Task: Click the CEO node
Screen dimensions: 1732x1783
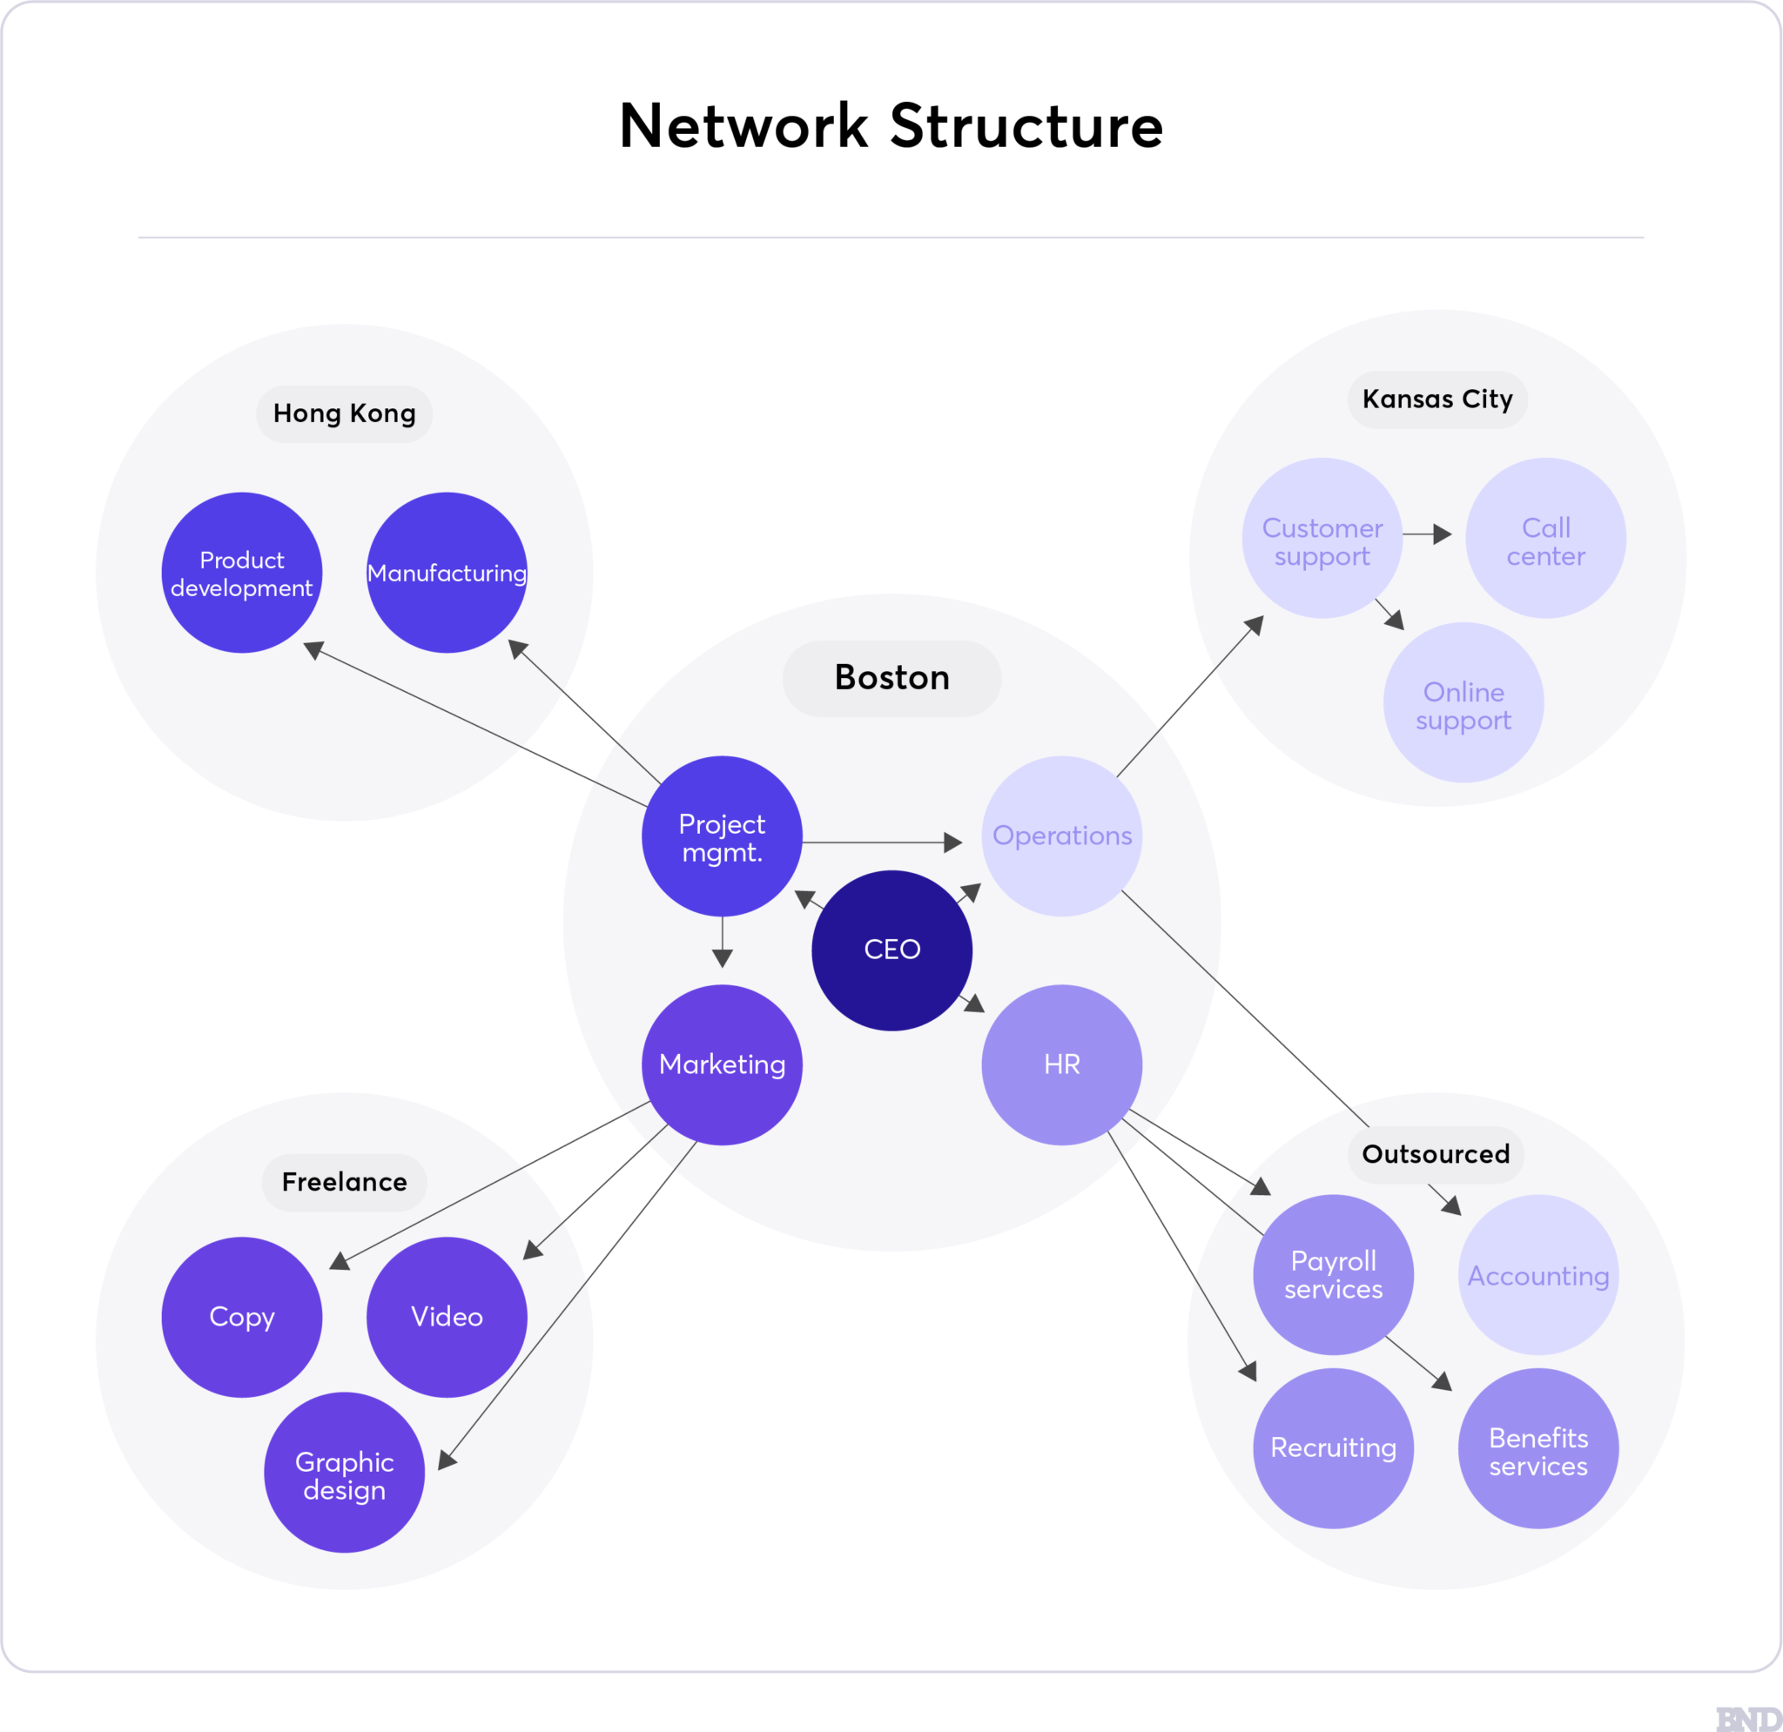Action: coord(891,950)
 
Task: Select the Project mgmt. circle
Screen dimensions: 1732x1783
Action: coord(723,836)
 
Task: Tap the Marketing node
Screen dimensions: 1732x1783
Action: coord(723,1064)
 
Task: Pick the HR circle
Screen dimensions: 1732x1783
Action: coord(1061,1064)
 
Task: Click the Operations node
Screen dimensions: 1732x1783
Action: coord(1061,836)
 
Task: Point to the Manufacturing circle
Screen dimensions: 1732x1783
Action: coord(447,573)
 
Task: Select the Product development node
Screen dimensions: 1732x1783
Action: coord(242,573)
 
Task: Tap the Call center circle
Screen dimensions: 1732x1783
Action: coord(1545,539)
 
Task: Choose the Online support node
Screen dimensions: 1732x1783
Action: coord(1463,702)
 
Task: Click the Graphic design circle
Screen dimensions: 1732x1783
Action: coord(344,1475)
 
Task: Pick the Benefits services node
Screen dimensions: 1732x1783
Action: coord(1538,1452)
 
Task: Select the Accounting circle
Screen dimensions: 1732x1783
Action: coord(1538,1275)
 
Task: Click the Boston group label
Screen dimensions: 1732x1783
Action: coord(891,678)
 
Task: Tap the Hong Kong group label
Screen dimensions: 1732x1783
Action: coord(344,414)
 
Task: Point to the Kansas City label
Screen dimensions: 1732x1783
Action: coord(1437,399)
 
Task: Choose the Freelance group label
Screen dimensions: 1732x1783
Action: coord(344,1183)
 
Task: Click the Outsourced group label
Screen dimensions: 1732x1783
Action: coord(1436,1154)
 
